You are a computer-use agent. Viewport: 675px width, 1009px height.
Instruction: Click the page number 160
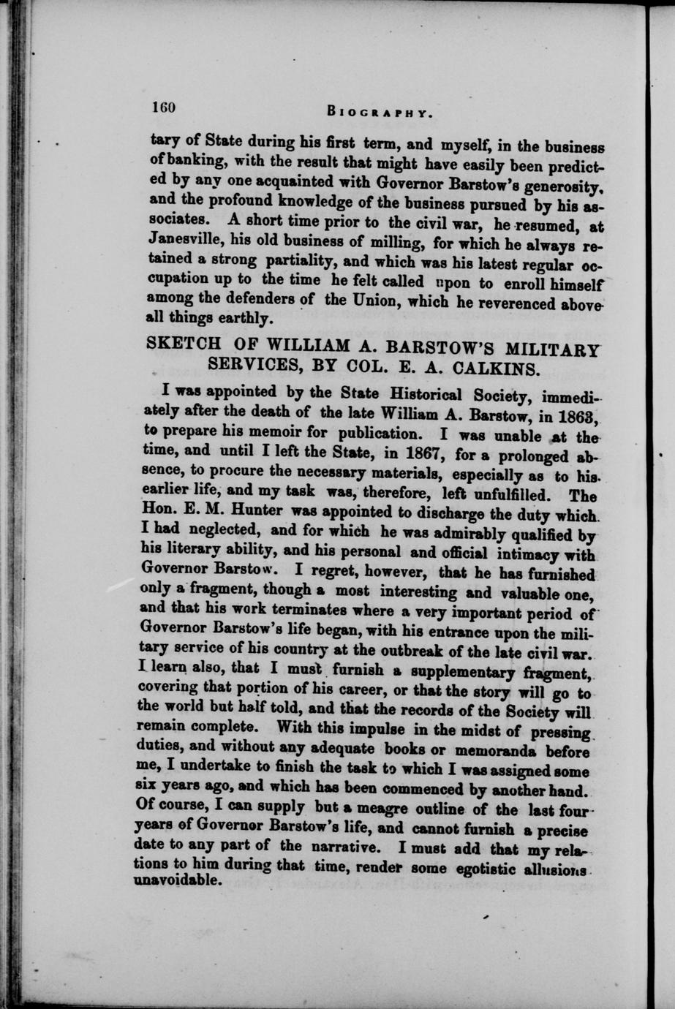[162, 107]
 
